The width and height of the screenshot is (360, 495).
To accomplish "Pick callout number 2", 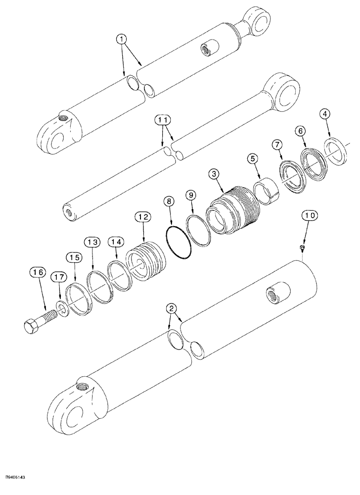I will click(x=172, y=309).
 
